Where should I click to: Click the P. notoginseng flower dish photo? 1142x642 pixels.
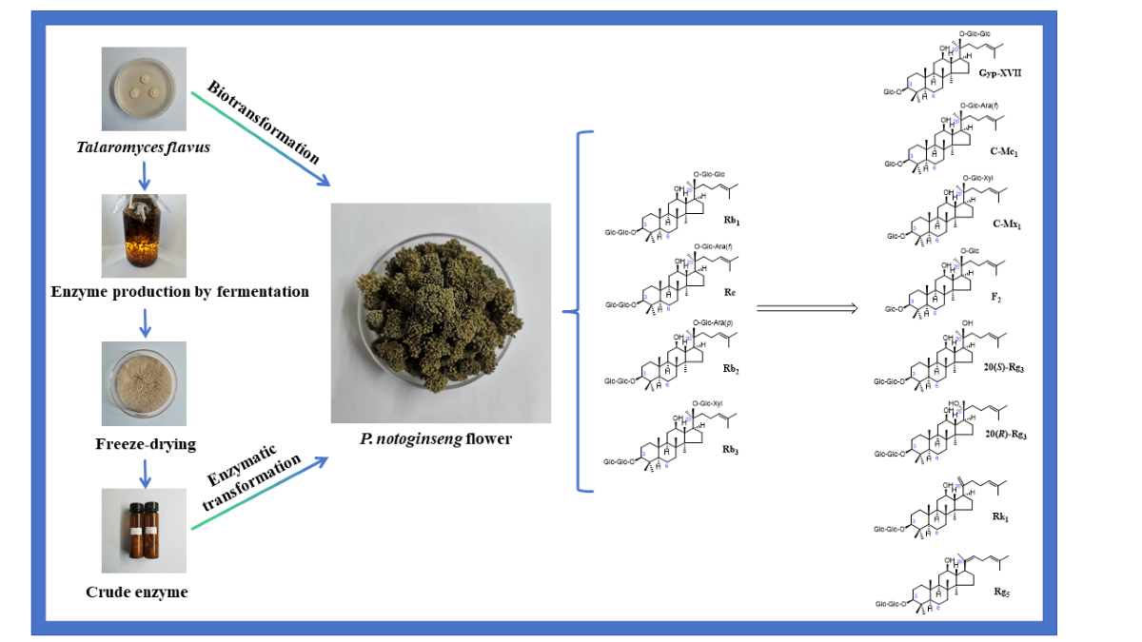point(441,313)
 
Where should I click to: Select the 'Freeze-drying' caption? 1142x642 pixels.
point(144,444)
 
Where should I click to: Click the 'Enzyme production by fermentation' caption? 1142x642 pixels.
point(180,291)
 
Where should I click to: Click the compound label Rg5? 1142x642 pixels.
point(1001,592)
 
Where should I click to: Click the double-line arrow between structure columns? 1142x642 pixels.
point(807,307)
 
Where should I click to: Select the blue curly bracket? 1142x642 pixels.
point(577,311)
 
